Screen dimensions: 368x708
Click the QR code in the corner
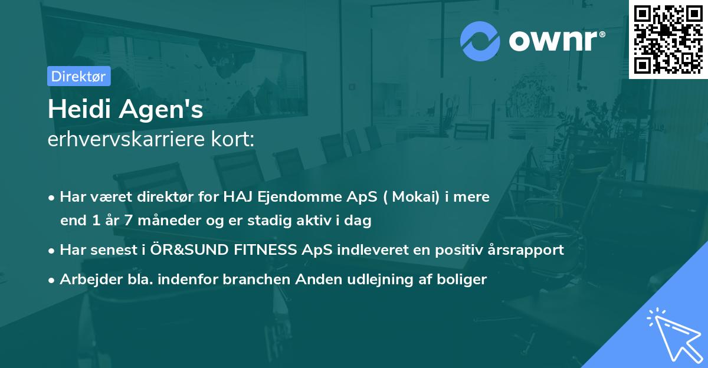click(668, 39)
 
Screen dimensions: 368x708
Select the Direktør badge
click(78, 76)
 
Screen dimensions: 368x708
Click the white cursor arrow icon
click(673, 334)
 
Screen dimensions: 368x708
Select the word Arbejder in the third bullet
click(86, 279)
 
